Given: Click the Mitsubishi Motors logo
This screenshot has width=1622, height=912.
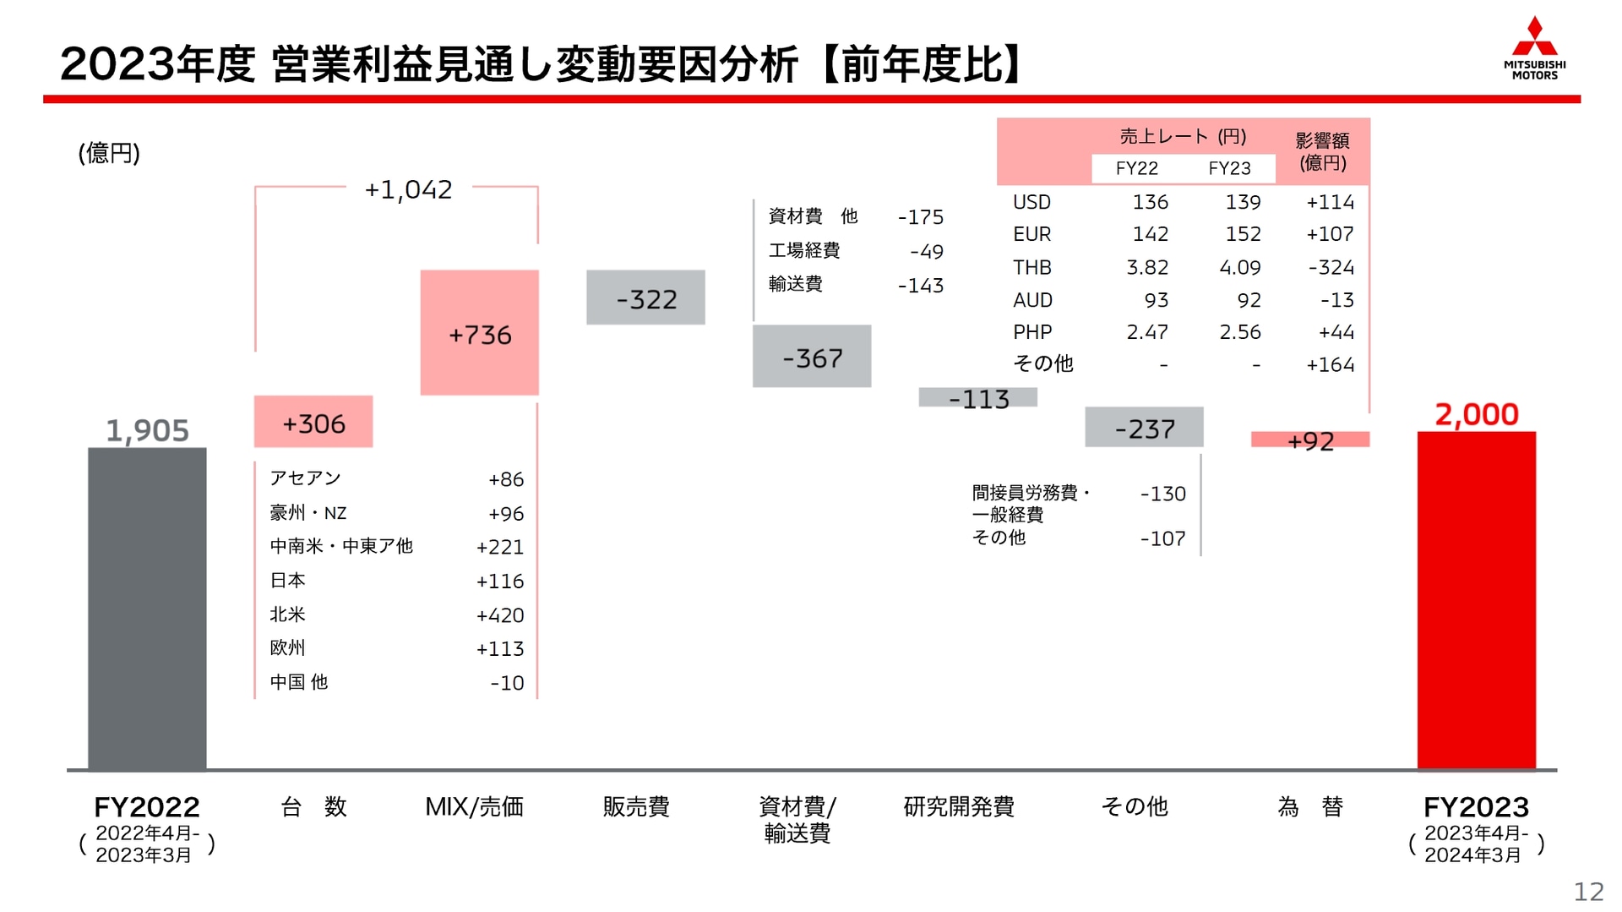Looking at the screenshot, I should click(x=1534, y=48).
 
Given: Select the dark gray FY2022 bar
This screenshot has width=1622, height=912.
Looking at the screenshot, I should click(x=147, y=609).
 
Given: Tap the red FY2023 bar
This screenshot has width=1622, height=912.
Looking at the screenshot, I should click(x=1476, y=600).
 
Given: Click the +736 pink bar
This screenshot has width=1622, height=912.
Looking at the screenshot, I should click(x=479, y=333).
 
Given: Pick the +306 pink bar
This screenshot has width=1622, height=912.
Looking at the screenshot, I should click(x=313, y=422).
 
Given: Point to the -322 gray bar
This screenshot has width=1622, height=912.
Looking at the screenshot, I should click(x=645, y=298).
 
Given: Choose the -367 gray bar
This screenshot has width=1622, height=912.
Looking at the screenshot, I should click(x=812, y=357).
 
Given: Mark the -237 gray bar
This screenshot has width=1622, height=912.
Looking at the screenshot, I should click(x=1144, y=428).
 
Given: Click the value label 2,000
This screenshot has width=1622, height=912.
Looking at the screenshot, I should click(x=1477, y=414).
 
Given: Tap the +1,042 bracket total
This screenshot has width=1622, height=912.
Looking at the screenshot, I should click(x=408, y=189).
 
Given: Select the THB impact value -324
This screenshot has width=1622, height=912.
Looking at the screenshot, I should click(x=1331, y=268).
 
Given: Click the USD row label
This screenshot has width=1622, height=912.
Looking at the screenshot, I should click(x=1031, y=203).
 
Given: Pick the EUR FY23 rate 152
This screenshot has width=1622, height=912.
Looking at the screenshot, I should click(x=1242, y=234).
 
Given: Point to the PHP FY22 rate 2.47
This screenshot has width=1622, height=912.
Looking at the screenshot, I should click(x=1147, y=332).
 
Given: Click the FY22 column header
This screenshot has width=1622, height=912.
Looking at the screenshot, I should click(x=1136, y=168).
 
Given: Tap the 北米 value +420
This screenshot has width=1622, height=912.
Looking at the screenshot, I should click(x=500, y=615).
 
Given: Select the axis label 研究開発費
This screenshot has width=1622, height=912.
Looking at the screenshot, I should click(x=959, y=806).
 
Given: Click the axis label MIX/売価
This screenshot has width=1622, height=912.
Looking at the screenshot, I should click(x=474, y=806).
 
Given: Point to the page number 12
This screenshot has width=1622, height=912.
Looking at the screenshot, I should click(x=1588, y=892).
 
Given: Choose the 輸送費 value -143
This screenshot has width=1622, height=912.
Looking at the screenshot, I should click(x=920, y=286).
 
